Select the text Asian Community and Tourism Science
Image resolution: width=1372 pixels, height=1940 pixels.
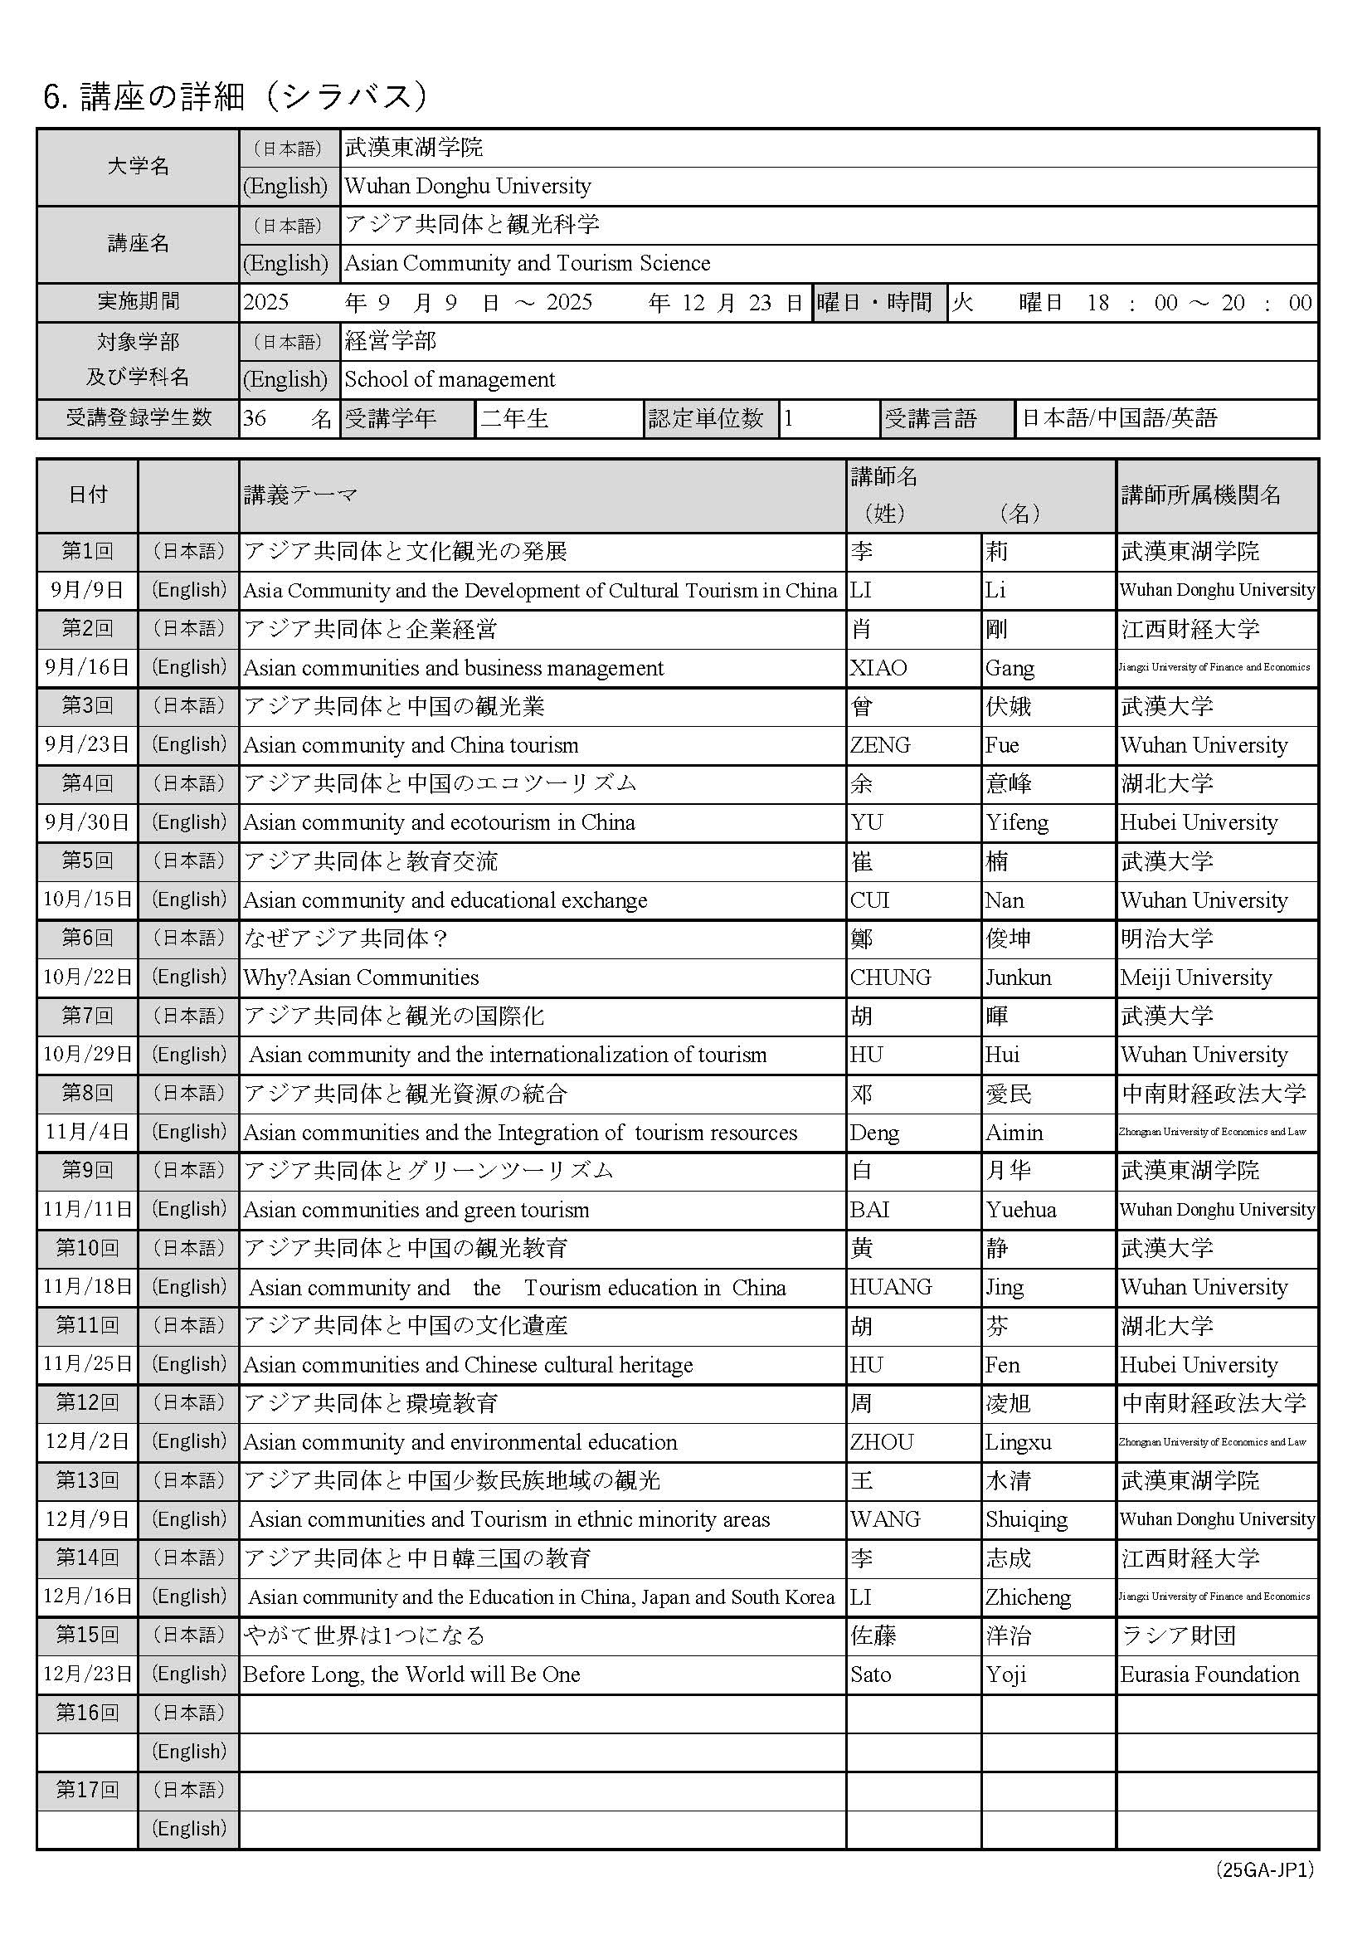[x=528, y=264]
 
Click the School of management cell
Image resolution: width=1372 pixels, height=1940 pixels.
[x=450, y=379]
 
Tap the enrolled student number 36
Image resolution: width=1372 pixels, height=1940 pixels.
[x=255, y=418]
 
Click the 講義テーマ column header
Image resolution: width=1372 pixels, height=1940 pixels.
[x=301, y=495]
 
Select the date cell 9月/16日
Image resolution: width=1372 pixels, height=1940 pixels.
[x=87, y=667]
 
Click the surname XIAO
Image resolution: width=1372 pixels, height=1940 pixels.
[x=878, y=668]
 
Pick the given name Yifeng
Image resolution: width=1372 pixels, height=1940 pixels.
[x=1016, y=823]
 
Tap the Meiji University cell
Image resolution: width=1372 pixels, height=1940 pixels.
[x=1195, y=977]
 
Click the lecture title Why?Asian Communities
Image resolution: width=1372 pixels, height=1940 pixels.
[x=361, y=977]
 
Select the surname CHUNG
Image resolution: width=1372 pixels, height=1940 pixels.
[x=890, y=977]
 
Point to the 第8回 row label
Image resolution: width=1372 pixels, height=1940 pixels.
[x=87, y=1094]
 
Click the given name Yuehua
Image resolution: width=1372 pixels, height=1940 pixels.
[x=1020, y=1210]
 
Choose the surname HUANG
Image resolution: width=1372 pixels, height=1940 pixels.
[x=890, y=1287]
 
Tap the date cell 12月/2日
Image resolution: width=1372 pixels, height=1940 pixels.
[x=87, y=1441]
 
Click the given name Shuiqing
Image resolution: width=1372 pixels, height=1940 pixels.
[x=1026, y=1519]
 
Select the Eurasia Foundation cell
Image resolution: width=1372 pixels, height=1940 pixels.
[x=1209, y=1674]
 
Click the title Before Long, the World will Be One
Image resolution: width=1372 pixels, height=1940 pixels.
[x=411, y=1674]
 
